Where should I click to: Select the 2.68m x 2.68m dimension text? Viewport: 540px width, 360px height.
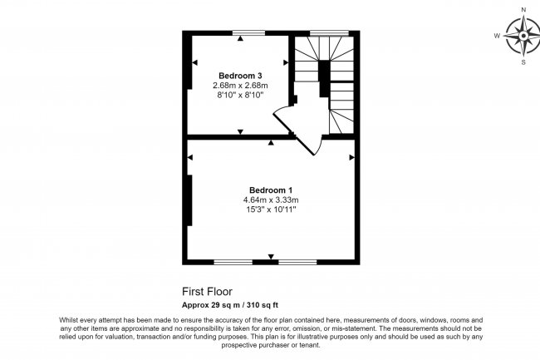pyautogui.click(x=240, y=86)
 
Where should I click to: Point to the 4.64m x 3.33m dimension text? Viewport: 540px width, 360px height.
pyautogui.click(x=270, y=200)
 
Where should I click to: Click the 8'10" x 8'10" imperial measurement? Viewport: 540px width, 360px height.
pyautogui.click(x=240, y=96)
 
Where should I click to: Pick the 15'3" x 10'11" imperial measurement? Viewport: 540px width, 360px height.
pyautogui.click(x=270, y=210)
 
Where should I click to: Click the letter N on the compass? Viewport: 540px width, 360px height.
pyautogui.click(x=523, y=9)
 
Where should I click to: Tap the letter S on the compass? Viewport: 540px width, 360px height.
pyautogui.click(x=523, y=62)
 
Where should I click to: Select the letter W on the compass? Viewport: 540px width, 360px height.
pyautogui.click(x=497, y=36)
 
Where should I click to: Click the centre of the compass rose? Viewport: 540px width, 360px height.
pyautogui.click(x=523, y=36)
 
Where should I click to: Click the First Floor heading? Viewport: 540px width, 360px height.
pyautogui.click(x=207, y=292)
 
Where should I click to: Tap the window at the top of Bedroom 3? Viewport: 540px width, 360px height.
pyautogui.click(x=248, y=32)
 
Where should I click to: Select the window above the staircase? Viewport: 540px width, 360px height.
pyautogui.click(x=328, y=32)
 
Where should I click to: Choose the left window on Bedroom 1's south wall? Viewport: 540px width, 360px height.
pyautogui.click(x=233, y=262)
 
